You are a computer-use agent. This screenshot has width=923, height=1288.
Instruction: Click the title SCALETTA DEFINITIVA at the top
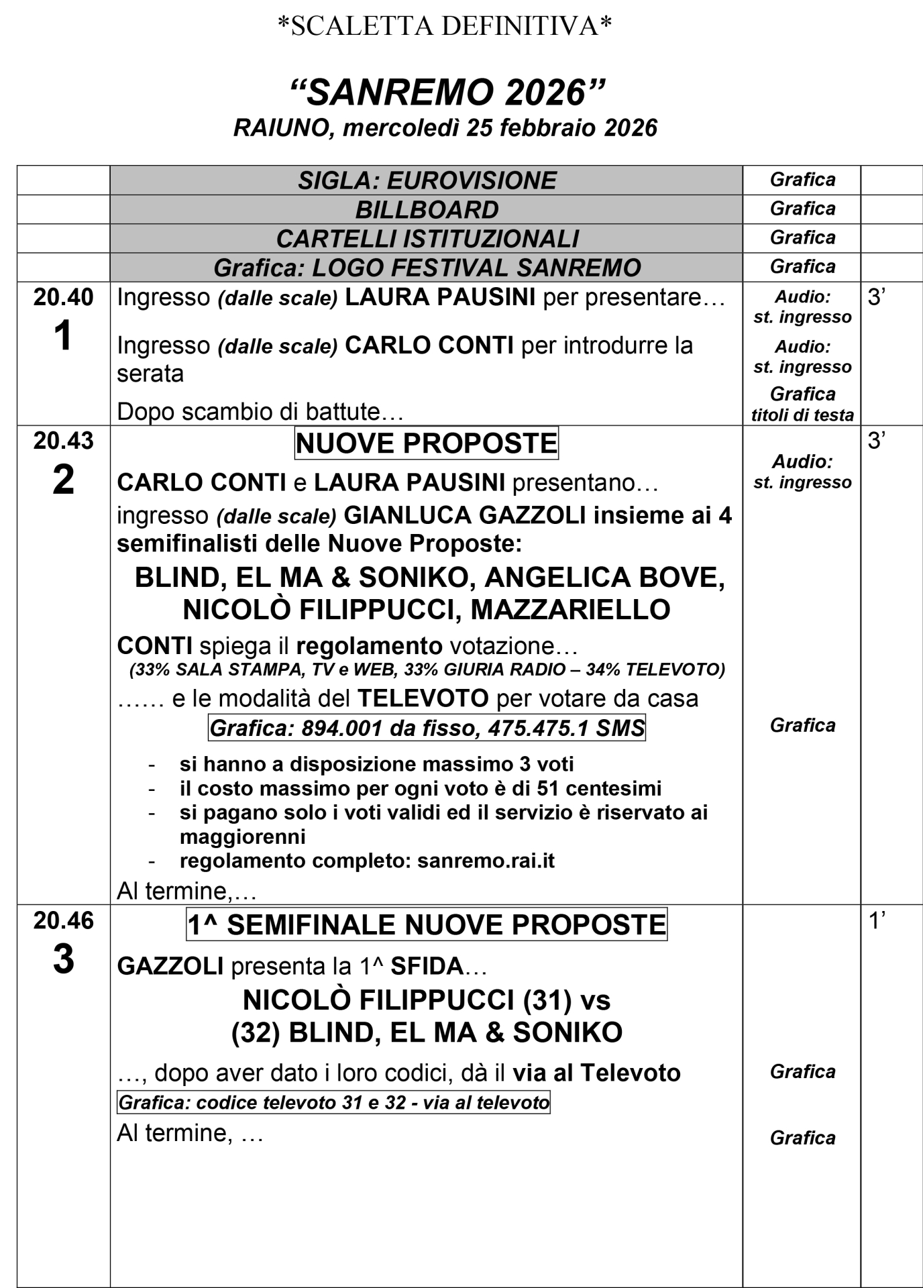445,26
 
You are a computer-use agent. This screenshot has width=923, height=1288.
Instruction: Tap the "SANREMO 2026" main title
445,92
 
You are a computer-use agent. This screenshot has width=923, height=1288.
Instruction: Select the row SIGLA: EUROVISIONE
427,180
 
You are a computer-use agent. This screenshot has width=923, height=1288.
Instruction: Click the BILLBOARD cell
427,210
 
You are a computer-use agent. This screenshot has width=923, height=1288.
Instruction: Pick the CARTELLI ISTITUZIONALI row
427,239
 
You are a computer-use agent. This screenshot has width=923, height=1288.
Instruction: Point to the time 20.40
63,297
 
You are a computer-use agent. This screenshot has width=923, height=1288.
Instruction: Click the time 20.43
63,441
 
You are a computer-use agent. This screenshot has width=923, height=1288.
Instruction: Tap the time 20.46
63,921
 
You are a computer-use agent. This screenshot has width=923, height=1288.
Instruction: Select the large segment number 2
63,480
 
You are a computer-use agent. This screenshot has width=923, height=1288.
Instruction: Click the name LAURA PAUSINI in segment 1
440,297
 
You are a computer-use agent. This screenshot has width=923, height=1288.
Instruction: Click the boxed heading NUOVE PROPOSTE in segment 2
427,443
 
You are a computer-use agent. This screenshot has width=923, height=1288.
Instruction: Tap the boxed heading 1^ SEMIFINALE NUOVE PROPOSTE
427,925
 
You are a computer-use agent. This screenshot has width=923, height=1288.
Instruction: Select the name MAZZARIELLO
570,610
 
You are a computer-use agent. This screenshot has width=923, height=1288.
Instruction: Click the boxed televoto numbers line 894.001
427,728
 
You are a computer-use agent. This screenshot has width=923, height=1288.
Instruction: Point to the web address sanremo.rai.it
486,861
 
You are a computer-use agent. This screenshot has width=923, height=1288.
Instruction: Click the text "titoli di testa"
802,415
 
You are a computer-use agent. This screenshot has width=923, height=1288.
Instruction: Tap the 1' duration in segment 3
877,921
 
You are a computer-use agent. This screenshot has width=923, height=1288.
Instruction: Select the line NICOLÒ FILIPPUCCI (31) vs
427,1000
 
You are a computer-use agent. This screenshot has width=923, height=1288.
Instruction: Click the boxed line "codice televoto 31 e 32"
333,1102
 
